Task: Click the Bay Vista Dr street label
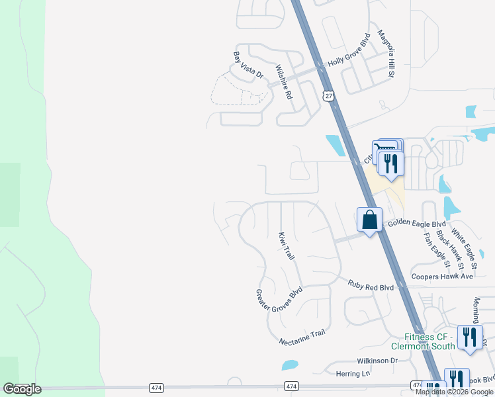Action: click(248, 66)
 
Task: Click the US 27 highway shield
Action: click(328, 96)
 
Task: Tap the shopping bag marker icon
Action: click(369, 220)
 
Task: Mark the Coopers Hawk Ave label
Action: click(442, 276)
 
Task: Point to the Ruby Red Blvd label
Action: click(371, 287)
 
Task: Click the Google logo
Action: click(22, 389)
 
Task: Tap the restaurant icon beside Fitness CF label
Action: click(470, 336)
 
